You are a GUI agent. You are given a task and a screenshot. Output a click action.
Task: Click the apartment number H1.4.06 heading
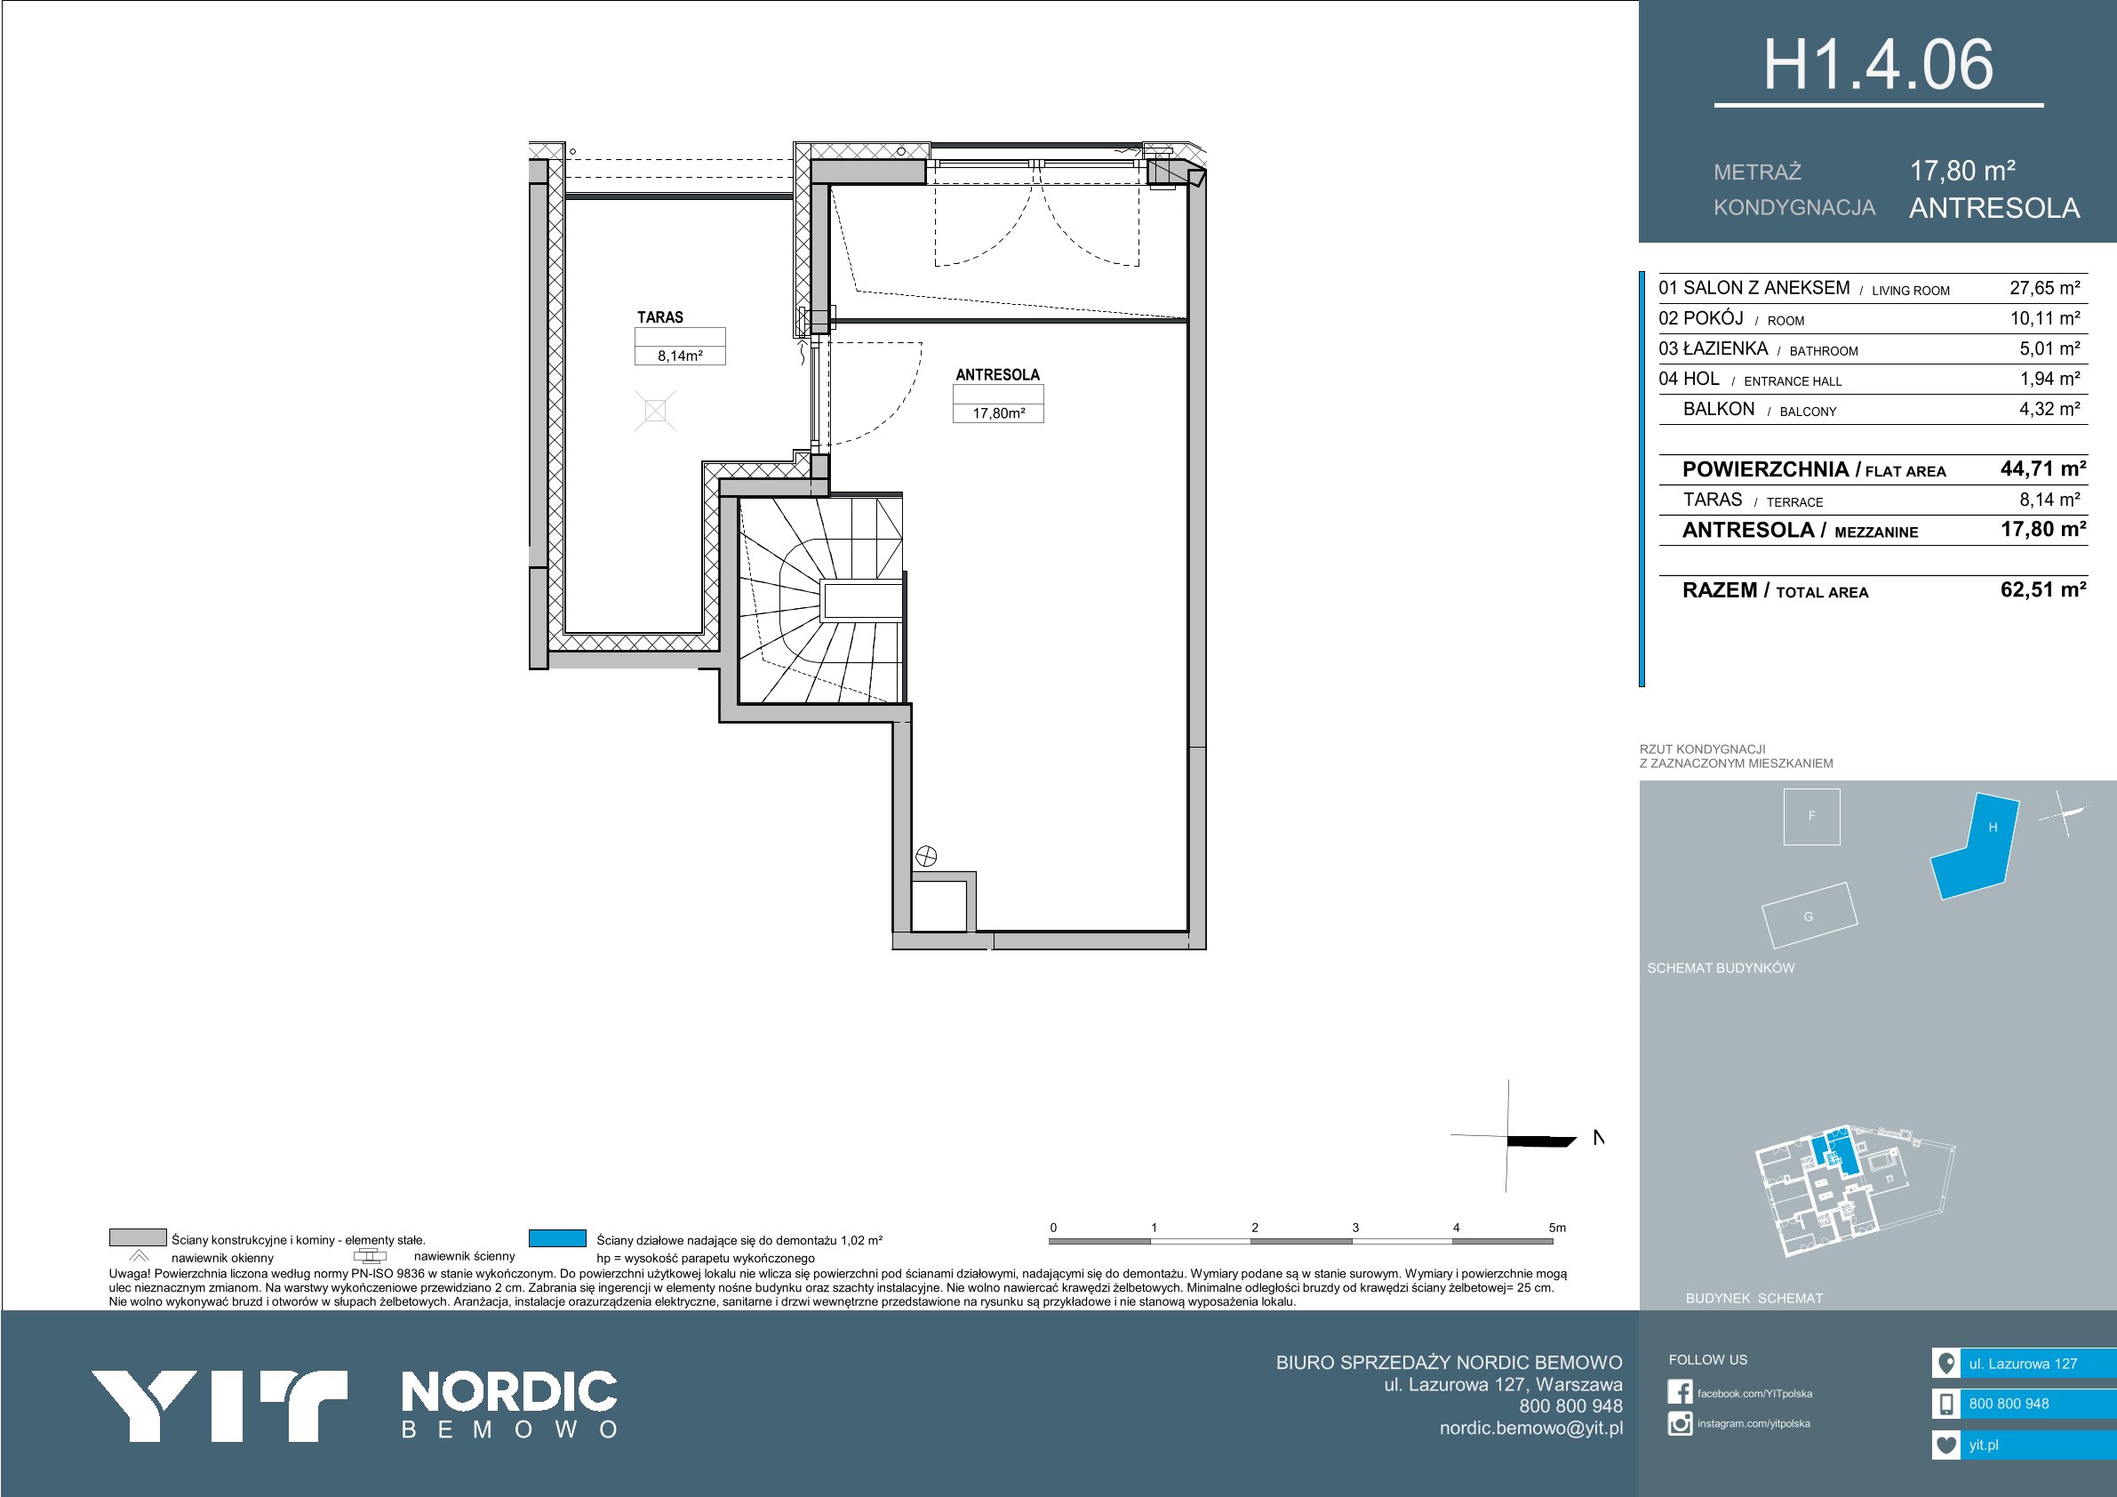click(1878, 66)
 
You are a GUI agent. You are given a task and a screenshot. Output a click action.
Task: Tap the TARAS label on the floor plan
click(660, 317)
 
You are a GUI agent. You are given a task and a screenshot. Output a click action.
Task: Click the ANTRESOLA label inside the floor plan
click(998, 374)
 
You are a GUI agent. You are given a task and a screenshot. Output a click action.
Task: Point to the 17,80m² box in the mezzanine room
click(999, 413)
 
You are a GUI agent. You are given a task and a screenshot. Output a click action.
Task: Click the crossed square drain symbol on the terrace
click(656, 411)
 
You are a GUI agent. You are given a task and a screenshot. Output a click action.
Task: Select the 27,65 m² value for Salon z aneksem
click(2044, 288)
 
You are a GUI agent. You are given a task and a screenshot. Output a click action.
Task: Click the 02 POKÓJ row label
click(1700, 318)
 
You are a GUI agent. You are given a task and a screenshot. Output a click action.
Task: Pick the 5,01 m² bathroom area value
click(2049, 348)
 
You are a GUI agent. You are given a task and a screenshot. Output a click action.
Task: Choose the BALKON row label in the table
click(1719, 409)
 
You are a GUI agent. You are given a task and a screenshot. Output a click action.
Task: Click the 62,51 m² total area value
click(2043, 589)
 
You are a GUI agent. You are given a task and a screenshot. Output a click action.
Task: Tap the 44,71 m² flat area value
click(2043, 468)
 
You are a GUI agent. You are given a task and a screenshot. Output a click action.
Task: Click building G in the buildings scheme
click(1808, 916)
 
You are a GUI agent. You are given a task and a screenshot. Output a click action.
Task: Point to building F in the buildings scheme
click(1812, 816)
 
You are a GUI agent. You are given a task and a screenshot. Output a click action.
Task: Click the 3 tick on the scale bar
click(1355, 1228)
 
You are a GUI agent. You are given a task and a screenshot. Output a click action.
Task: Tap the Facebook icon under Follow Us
click(1680, 1393)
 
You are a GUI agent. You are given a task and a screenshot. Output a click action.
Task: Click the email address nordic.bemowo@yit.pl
click(1530, 1428)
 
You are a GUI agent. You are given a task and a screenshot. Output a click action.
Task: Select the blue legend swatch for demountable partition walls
click(558, 1238)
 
